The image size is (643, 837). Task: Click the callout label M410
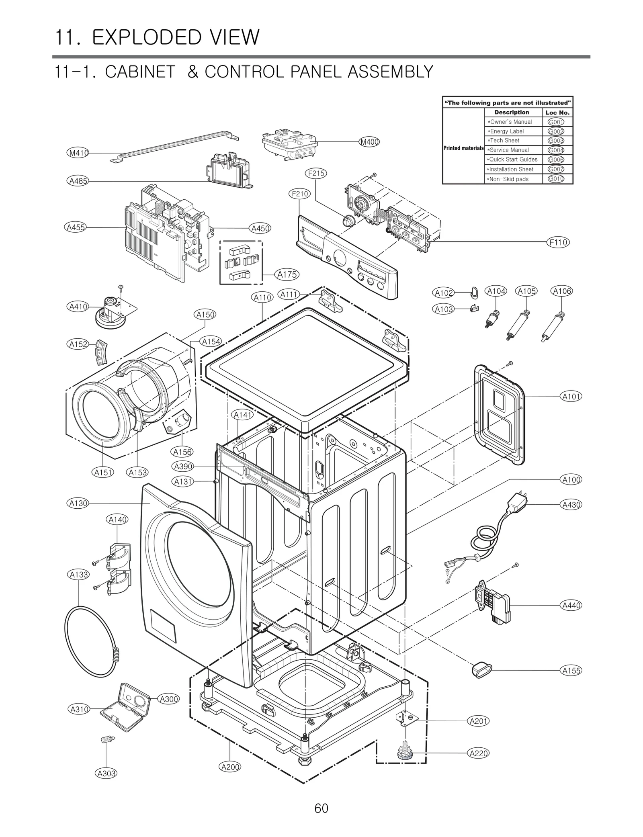click(77, 153)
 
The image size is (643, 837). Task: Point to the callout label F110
click(558, 242)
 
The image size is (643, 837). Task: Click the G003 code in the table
click(556, 141)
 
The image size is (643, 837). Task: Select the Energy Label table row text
click(507, 131)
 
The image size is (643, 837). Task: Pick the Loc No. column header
click(557, 113)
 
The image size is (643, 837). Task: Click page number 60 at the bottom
click(321, 808)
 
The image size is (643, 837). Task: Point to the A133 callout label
click(79, 575)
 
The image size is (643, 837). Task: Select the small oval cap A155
click(480, 670)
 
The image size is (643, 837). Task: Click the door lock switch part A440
click(493, 605)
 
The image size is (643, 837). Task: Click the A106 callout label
click(561, 291)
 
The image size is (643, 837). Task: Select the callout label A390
click(183, 466)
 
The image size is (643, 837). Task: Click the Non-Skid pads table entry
click(509, 179)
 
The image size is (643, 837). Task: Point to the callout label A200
click(230, 767)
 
